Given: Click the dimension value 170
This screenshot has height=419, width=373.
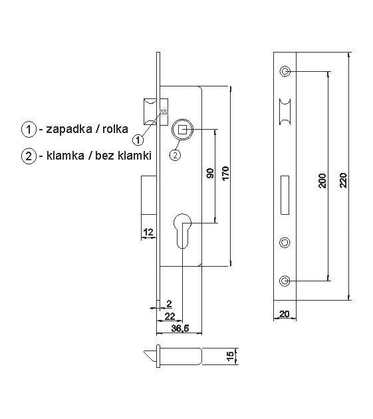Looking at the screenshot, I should point(225,175).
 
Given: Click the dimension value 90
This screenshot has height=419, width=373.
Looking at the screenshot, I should point(210,175).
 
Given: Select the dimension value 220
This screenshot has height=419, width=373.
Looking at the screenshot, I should point(342,180).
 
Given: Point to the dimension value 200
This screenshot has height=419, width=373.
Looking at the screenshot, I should point(322,180).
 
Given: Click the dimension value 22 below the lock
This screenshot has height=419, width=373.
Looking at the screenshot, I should point(170,315).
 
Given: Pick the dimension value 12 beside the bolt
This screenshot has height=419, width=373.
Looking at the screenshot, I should point(148,231).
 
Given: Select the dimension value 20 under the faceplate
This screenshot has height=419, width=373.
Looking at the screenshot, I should point(284,315).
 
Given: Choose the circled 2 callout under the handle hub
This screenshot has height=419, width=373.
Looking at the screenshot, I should point(174,155).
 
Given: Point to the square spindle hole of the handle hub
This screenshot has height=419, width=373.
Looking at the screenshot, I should point(182,129).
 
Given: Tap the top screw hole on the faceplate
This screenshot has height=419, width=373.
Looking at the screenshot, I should point(285,70).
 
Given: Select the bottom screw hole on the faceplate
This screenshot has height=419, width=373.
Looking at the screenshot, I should point(285,281).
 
